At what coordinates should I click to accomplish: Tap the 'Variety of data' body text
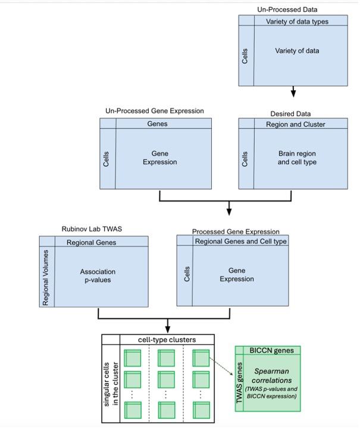(296, 51)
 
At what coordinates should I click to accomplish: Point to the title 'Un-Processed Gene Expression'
(154, 111)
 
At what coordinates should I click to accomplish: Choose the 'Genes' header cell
(156, 124)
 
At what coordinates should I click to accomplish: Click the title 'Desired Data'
(290, 114)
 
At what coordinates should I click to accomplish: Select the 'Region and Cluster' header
(296, 124)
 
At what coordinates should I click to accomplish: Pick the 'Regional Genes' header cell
(91, 242)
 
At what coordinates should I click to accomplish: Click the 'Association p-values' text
(98, 276)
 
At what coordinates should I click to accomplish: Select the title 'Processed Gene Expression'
(235, 231)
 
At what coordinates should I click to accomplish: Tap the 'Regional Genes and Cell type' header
(241, 241)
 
